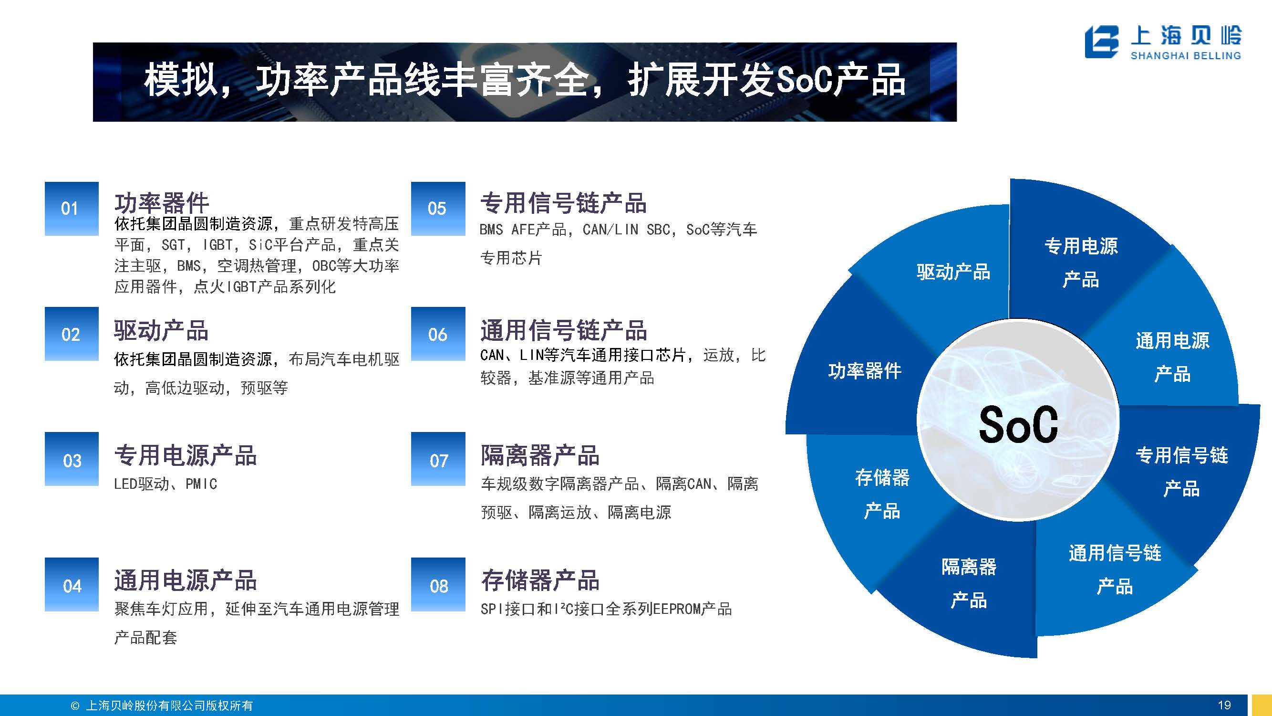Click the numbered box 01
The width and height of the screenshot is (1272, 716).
(x=72, y=209)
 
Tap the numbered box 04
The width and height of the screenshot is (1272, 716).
(x=72, y=585)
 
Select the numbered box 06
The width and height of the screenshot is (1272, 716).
(x=438, y=334)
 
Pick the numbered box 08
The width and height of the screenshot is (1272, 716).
(x=438, y=585)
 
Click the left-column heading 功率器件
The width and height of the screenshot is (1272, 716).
(x=162, y=202)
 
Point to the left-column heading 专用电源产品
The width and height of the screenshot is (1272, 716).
(x=185, y=455)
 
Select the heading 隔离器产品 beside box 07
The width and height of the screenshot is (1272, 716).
(x=540, y=455)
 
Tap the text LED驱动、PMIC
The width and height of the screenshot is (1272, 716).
(x=165, y=484)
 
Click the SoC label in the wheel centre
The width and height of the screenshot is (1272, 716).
(x=1018, y=424)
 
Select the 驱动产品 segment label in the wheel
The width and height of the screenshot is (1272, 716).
(x=953, y=272)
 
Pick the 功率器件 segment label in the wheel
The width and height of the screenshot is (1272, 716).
(x=865, y=370)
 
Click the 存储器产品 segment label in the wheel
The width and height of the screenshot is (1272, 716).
(x=882, y=494)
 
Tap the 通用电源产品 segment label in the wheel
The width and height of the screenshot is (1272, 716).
(x=1172, y=357)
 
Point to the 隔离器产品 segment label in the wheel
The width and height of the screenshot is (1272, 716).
(x=969, y=583)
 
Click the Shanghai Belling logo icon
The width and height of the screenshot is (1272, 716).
(x=1102, y=42)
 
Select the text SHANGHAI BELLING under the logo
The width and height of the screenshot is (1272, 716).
(x=1186, y=55)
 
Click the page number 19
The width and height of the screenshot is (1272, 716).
(x=1224, y=705)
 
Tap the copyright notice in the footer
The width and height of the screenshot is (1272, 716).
(x=162, y=705)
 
